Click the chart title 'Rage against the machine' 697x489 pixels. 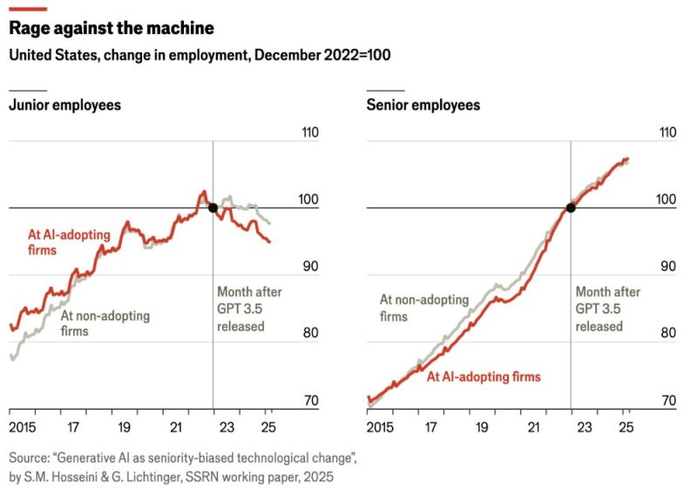[x=111, y=28]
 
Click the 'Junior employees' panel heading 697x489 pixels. [x=64, y=105]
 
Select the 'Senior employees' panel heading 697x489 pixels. [x=423, y=105]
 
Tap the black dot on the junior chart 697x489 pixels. [x=213, y=207]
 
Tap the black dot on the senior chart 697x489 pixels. [x=571, y=207]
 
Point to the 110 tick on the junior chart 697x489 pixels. [x=308, y=133]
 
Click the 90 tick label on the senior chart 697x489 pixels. [x=667, y=267]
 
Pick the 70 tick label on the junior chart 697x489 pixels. [x=308, y=401]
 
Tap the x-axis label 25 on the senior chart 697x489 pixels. [x=625, y=428]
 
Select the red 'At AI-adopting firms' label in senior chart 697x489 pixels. [x=484, y=377]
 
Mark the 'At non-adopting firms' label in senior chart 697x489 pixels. [x=423, y=308]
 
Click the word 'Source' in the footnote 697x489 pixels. [x=29, y=457]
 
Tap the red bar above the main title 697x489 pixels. [x=27, y=8]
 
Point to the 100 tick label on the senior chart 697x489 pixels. [x=667, y=200]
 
